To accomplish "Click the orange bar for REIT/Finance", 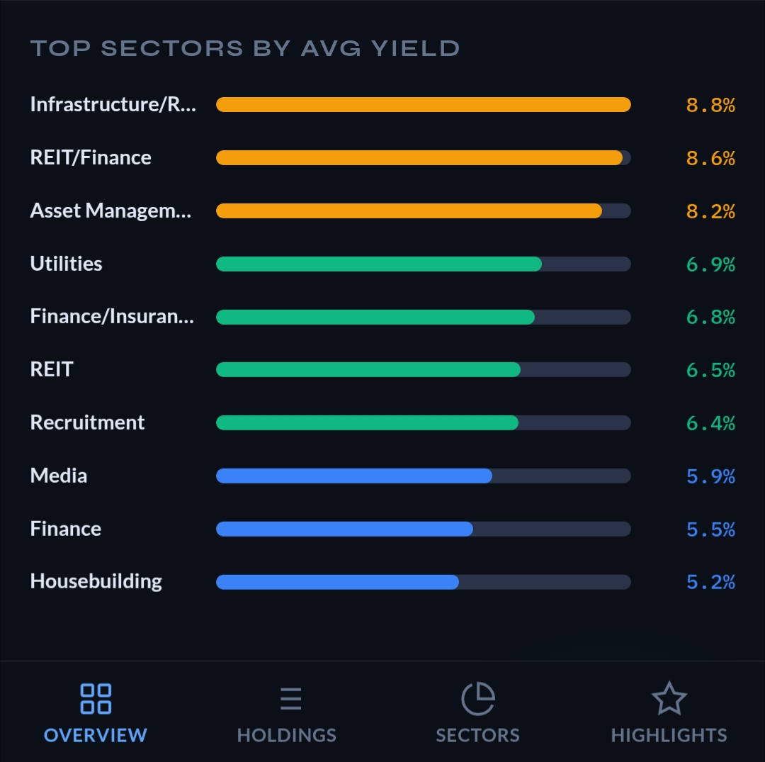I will [419, 157].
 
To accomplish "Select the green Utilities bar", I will [378, 264].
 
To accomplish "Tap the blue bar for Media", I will [353, 476].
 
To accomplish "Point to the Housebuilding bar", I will [337, 582].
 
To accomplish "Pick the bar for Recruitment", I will [367, 422].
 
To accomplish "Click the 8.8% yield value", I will [710, 105].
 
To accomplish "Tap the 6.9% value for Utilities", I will [710, 264].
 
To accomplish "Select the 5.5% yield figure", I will [710, 530].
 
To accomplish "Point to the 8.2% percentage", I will [710, 211].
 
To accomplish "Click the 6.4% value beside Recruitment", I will [710, 423].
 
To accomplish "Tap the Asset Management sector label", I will [110, 211].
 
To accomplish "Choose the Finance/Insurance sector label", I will [112, 316].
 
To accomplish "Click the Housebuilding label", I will [96, 581].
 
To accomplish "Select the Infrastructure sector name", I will [113, 104].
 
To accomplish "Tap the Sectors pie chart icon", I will [478, 699].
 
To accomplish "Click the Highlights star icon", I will [669, 699].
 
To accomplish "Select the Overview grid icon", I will [96, 699].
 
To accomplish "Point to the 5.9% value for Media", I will [710, 476].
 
